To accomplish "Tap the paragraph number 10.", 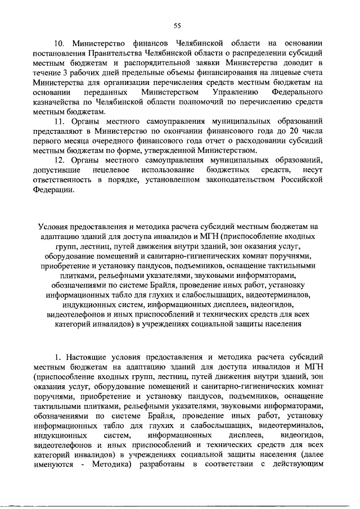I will pos(60,44).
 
